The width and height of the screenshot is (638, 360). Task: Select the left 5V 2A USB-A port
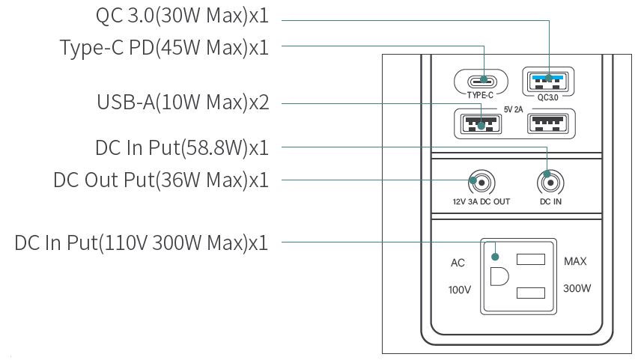[480, 123]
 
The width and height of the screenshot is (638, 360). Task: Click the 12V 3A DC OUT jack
[480, 182]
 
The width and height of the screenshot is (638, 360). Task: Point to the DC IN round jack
[550, 182]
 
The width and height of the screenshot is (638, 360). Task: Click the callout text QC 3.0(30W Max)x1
[182, 14]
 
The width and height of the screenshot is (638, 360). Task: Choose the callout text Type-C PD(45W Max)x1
[164, 47]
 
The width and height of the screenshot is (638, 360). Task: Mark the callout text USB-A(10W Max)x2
[182, 102]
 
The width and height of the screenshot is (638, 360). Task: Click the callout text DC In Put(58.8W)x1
[182, 147]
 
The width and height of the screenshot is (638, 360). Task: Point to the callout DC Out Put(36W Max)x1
[161, 180]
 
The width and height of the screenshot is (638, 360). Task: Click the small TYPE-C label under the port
[480, 96]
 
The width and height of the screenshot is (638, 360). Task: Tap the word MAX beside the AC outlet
[575, 262]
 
